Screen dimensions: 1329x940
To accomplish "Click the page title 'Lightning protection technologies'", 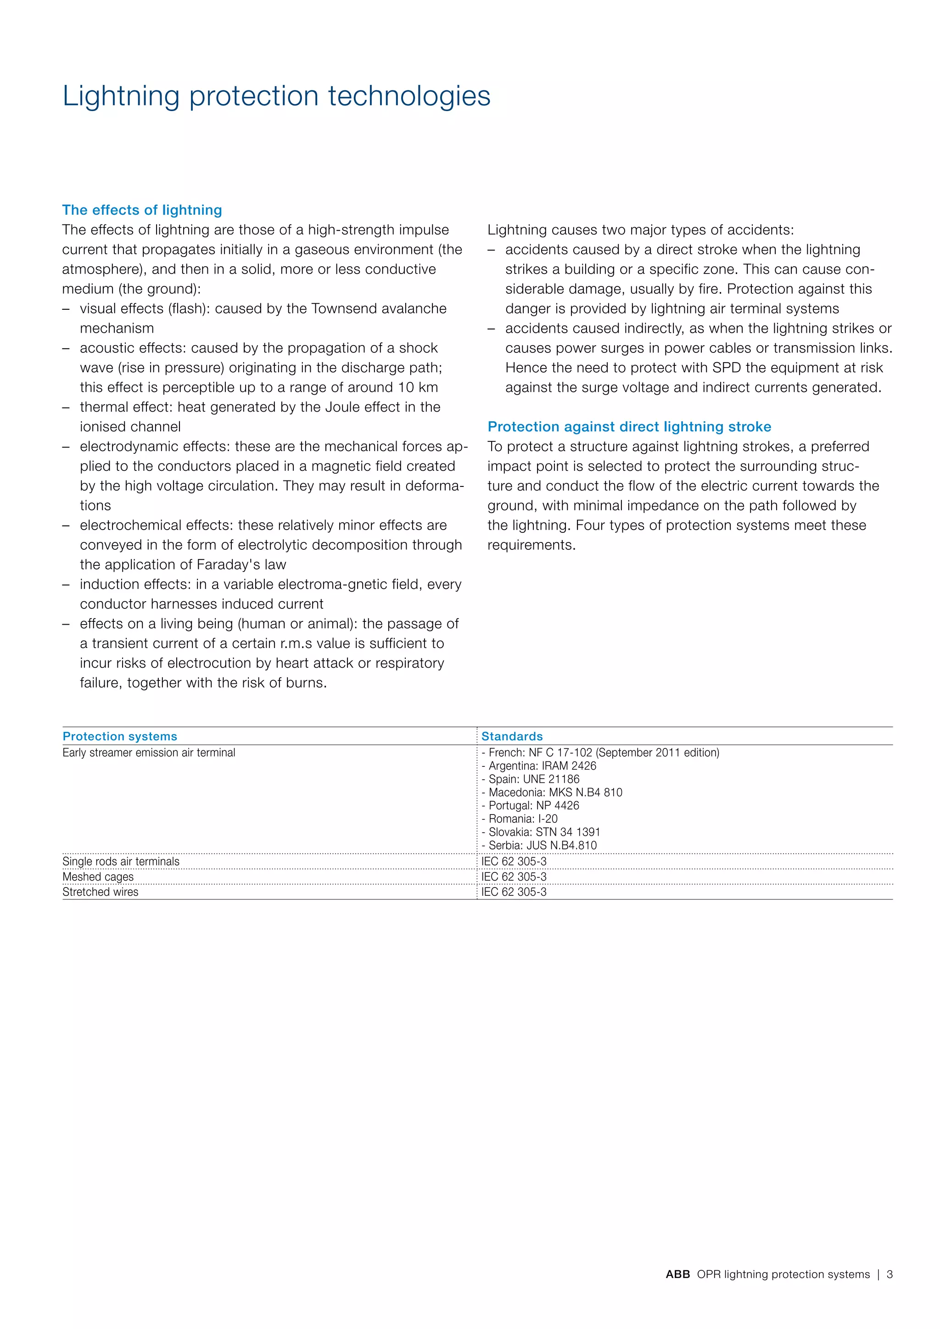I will (x=276, y=96).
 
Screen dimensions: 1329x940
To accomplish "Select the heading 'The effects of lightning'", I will (x=142, y=210).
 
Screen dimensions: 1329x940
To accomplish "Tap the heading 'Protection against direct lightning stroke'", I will (x=629, y=427).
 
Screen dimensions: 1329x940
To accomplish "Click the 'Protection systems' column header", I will (x=120, y=736).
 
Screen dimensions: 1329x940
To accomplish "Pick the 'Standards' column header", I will (x=512, y=736).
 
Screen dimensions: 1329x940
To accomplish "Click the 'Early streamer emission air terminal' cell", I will (x=149, y=753).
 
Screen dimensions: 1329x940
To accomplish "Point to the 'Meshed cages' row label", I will (x=98, y=877).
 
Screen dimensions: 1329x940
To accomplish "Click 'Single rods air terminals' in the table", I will (x=121, y=861).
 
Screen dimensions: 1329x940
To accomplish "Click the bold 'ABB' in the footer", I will (x=678, y=1274).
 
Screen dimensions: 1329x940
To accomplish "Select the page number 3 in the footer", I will (x=890, y=1274).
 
